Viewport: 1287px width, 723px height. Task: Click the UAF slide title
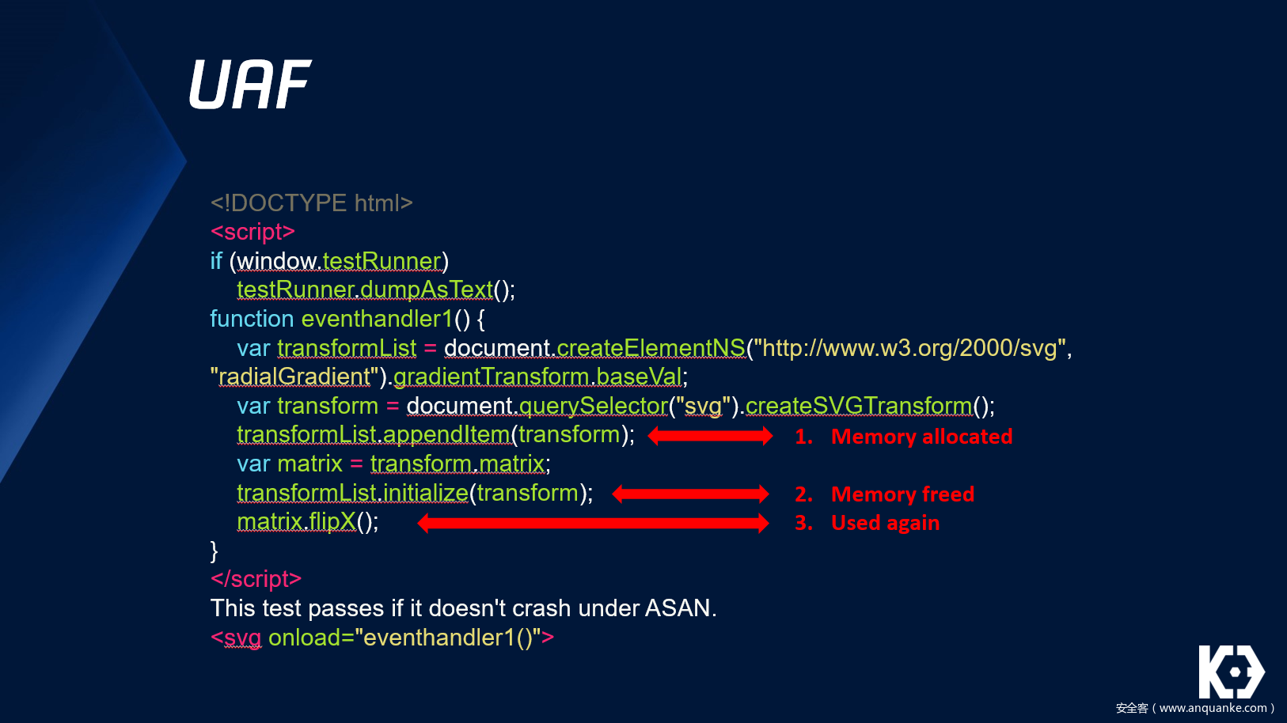[x=250, y=85]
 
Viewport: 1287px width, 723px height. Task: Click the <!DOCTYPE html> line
[x=311, y=203]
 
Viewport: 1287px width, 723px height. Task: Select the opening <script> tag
[x=252, y=232]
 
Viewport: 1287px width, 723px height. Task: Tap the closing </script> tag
[x=256, y=579]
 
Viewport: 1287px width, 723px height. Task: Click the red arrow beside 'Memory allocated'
[x=710, y=436]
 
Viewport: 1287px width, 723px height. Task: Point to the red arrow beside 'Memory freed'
[x=690, y=494]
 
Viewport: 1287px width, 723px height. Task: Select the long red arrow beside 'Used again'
[x=593, y=523]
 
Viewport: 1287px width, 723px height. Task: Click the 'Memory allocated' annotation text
[x=921, y=437]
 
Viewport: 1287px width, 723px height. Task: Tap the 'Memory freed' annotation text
[x=902, y=494]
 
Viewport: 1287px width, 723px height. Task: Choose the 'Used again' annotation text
[x=885, y=523]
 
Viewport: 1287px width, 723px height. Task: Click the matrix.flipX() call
[x=307, y=522]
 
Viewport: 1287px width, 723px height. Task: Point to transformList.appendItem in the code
[x=374, y=435]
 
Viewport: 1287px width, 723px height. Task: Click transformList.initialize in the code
[x=353, y=493]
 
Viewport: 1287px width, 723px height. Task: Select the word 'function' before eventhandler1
[x=252, y=319]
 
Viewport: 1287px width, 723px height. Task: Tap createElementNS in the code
[x=651, y=348]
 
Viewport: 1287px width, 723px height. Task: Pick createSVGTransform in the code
[x=858, y=406]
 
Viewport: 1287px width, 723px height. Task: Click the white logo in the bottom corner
[x=1231, y=672]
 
